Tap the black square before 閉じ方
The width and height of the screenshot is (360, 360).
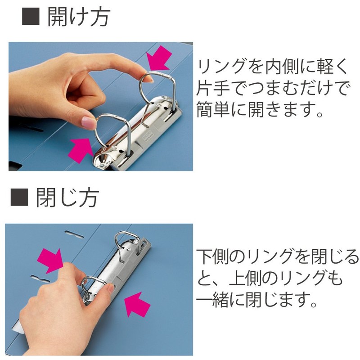click(19, 198)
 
